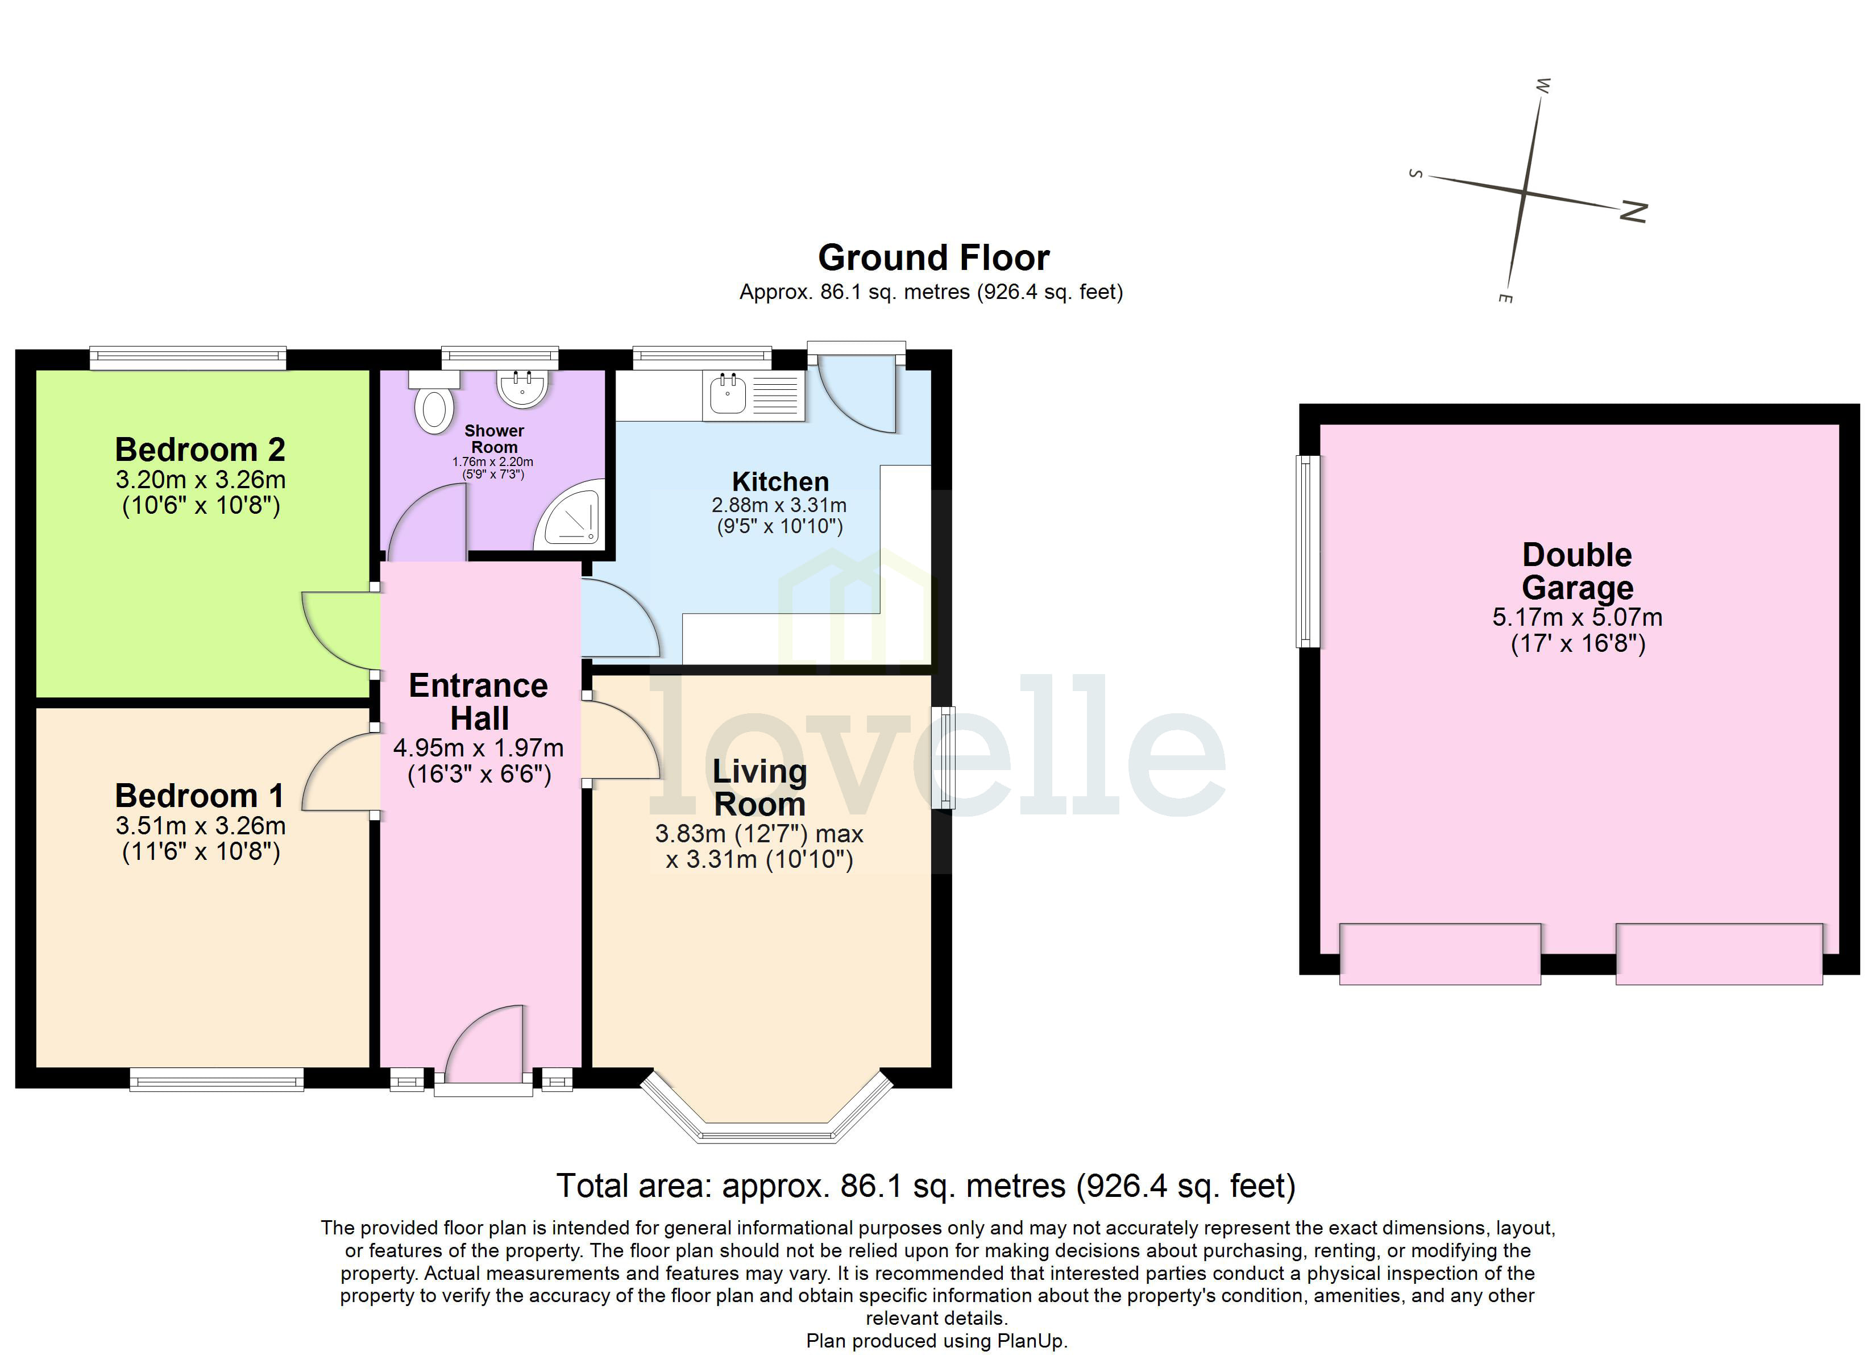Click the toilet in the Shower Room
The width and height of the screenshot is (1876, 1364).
pyautogui.click(x=434, y=405)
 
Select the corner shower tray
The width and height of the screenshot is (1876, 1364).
pyautogui.click(x=571, y=519)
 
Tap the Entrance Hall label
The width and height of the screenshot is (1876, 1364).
pyautogui.click(x=478, y=701)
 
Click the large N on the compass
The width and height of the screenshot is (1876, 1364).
pyautogui.click(x=1633, y=213)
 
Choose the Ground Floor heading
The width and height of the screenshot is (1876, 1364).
pyautogui.click(x=933, y=258)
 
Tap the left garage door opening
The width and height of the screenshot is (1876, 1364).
pyautogui.click(x=1439, y=954)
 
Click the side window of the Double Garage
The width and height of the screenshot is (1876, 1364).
pyautogui.click(x=1307, y=551)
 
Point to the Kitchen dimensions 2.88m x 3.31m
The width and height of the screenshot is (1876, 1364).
pyautogui.click(x=778, y=505)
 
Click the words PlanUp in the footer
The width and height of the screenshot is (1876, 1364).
pyautogui.click(x=1031, y=1341)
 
